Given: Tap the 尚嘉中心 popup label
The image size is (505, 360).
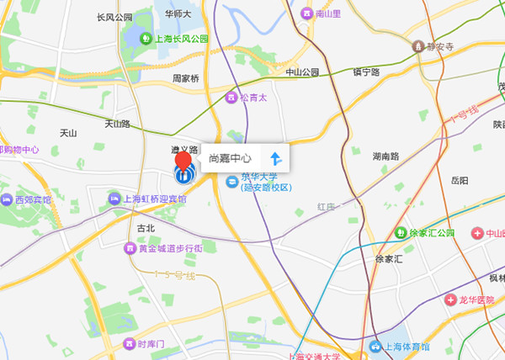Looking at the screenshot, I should pos(229,157).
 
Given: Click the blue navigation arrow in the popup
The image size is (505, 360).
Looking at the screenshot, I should pos(274,157).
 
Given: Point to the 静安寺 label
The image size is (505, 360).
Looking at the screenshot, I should pos(440,47).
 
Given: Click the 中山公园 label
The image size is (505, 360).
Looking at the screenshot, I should pos(303,72).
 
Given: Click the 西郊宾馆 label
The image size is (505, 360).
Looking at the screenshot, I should pos(33,200).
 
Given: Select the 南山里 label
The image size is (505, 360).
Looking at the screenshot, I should pos(328,14).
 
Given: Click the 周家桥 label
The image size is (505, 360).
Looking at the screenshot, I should pos(186,78).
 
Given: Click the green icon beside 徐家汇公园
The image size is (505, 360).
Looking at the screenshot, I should pos(401,233).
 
